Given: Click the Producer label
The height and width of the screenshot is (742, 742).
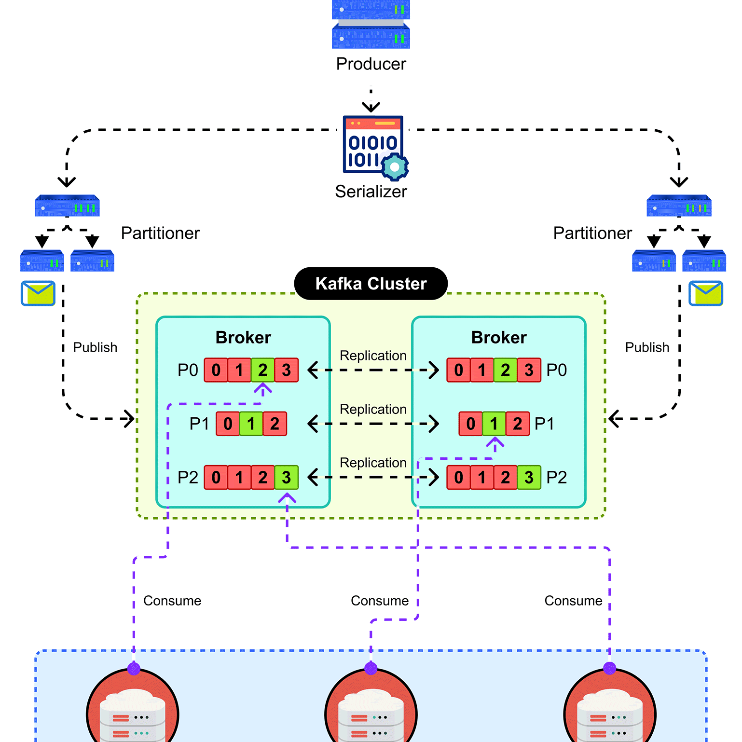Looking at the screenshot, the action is click(371, 64).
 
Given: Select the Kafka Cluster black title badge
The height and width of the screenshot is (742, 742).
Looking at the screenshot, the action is click(371, 283).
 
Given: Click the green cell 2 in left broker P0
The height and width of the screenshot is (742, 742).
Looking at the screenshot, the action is click(263, 370).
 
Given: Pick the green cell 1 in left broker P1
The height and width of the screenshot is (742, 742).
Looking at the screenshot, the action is click(251, 424).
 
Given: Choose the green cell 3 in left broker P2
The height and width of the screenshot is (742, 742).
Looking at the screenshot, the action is click(287, 477).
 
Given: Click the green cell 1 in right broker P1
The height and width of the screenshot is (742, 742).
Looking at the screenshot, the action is click(494, 424).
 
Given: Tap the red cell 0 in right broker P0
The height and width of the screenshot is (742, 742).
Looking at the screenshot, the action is click(458, 370).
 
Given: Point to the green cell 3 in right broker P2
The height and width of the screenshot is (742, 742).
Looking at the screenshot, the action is click(529, 477).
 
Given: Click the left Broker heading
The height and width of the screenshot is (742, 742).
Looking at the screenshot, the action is click(243, 337).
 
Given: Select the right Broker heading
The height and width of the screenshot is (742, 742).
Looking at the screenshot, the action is click(499, 337).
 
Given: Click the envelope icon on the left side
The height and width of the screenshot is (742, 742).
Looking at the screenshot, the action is click(38, 293).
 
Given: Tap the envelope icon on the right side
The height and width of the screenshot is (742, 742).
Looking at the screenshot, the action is click(706, 293).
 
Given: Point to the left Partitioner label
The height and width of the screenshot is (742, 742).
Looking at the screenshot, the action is click(160, 233).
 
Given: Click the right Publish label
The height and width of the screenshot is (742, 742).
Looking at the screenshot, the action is click(647, 347).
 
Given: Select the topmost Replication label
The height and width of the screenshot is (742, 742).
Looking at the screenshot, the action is click(373, 356).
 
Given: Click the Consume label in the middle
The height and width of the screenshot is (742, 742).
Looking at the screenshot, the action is click(380, 601).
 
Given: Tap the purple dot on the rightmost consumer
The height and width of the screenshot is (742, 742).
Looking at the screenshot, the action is click(610, 668).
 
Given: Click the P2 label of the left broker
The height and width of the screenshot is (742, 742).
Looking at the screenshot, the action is click(188, 477).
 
